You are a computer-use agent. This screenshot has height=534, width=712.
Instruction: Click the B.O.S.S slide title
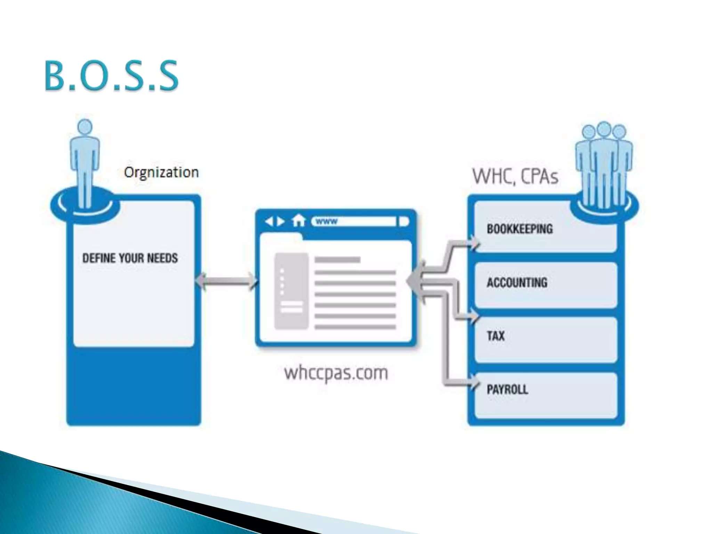(111, 76)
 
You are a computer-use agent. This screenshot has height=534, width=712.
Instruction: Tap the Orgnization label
(161, 172)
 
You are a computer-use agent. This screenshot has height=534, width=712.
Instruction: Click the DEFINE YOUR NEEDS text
(130, 258)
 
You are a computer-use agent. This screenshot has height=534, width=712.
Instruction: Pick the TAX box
(545, 339)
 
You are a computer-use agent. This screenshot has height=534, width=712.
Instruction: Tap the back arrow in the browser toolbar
(269, 221)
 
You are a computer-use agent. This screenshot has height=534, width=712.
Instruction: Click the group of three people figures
(604, 163)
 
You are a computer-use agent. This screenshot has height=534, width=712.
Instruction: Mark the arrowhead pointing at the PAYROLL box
(475, 384)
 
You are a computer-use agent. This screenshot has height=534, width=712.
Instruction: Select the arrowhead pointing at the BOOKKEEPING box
(475, 242)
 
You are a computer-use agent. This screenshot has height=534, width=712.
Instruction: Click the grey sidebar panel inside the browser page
(291, 291)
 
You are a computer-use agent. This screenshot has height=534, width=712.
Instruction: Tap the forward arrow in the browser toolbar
(280, 221)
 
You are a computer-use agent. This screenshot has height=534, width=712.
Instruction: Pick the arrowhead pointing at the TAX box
(475, 317)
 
